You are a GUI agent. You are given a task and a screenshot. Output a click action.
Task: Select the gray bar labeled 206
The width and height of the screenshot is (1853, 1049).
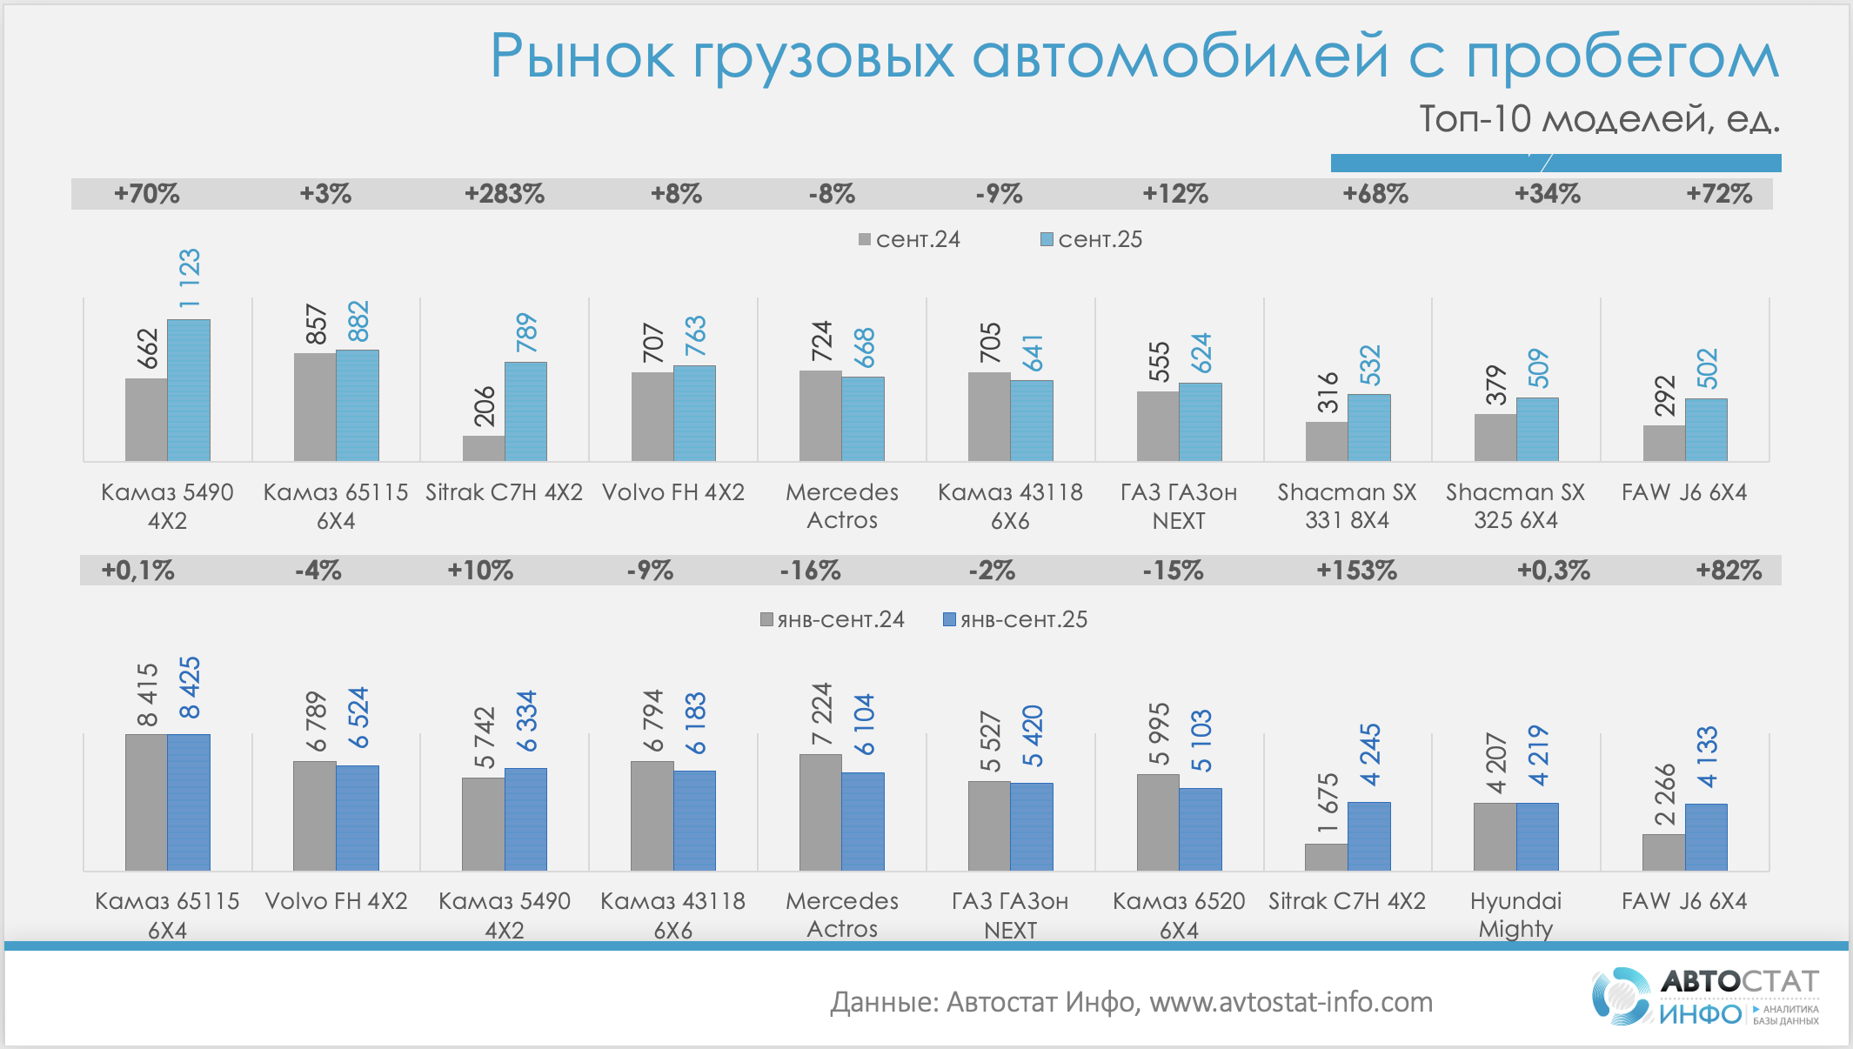484,448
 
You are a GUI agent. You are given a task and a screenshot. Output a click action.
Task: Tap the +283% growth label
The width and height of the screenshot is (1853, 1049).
505,194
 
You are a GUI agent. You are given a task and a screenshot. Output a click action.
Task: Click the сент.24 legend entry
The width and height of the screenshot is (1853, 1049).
909,240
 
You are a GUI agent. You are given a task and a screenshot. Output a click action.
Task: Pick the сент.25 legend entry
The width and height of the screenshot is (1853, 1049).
1092,240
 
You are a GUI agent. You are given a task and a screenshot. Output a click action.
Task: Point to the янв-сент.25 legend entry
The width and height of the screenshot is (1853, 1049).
1015,620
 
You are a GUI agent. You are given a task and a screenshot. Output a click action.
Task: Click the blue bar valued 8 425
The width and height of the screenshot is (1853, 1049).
189,802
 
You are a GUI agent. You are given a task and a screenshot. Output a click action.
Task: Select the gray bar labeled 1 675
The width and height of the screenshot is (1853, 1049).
1326,857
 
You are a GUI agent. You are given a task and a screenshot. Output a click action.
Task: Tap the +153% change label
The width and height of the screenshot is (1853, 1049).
1356,571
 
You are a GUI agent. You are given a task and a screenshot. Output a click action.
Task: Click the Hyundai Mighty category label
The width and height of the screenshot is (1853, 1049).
1515,914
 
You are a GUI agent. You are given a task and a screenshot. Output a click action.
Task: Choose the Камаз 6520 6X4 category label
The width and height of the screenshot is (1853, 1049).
1179,914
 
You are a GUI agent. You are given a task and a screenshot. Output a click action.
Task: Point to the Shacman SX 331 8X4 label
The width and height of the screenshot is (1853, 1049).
1347,505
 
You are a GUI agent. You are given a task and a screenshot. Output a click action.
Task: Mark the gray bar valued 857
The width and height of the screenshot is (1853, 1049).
315,406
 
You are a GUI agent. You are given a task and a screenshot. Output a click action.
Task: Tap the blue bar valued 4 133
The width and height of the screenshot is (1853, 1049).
1706,837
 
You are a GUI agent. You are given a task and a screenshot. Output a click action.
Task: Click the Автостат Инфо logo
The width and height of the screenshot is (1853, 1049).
1705,997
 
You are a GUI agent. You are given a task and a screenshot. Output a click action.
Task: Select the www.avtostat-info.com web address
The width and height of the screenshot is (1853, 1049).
1291,1003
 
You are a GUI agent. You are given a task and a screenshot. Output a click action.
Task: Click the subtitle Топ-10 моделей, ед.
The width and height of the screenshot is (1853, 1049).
1599,119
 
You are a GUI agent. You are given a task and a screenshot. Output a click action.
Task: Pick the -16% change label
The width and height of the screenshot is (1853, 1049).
810,571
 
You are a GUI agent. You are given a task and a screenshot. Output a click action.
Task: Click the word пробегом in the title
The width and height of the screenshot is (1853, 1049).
1622,57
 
